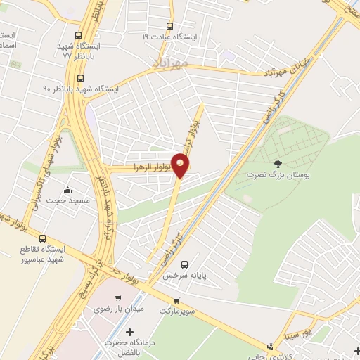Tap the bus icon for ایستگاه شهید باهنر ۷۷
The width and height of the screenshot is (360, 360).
tap(79, 35)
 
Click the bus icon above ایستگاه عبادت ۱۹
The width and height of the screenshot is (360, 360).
tap(171, 25)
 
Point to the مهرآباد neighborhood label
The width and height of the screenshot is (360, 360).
tap(169, 63)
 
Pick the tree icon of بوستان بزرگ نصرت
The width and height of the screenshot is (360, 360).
tap(278, 163)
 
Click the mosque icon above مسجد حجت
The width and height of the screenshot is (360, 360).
tap(68, 190)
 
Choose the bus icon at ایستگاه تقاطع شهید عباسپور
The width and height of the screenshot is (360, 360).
tap(43, 238)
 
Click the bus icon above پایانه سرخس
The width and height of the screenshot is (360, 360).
tap(184, 265)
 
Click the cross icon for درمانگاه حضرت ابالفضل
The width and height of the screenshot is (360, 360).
tap(129, 331)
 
